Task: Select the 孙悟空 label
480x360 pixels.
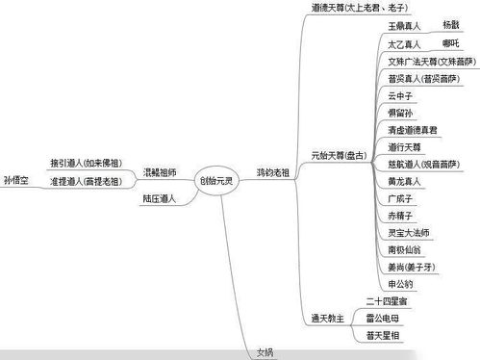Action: (16, 179)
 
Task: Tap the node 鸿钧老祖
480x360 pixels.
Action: (273, 173)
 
